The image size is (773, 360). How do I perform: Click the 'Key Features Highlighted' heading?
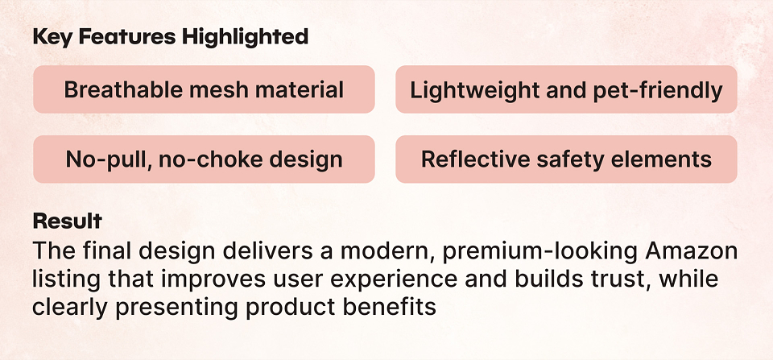pyautogui.click(x=171, y=38)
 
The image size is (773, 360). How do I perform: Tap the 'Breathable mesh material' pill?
pyautogui.click(x=204, y=89)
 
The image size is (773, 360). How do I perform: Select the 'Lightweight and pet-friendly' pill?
pyautogui.click(x=566, y=89)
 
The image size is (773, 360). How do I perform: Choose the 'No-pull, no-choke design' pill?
pyautogui.click(x=204, y=159)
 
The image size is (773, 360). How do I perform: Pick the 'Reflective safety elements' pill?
pyautogui.click(x=566, y=159)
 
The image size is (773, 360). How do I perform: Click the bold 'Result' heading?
pyautogui.click(x=67, y=221)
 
